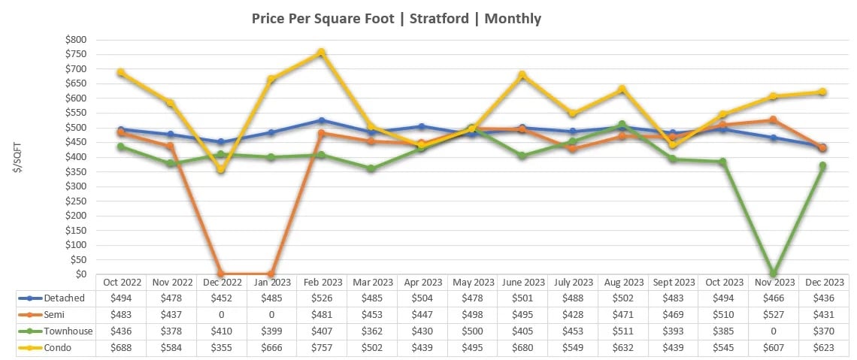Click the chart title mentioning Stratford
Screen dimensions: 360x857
tap(396, 19)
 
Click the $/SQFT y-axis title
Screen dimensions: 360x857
tap(17, 156)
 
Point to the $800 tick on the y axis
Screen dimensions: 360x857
tap(76, 39)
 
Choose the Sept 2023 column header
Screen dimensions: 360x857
tap(674, 283)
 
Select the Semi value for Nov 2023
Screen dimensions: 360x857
tap(774, 315)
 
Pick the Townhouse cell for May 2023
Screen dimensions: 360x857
tap(472, 331)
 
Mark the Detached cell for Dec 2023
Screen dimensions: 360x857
tap(825, 298)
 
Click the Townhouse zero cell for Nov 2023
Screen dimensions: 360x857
tap(774, 331)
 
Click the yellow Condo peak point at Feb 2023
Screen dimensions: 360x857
tap(322, 53)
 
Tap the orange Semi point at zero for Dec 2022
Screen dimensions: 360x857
tap(221, 274)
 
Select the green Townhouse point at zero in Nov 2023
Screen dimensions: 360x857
tap(774, 274)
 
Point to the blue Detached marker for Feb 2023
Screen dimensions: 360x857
tap(322, 120)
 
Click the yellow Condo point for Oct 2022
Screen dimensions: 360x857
tap(120, 72)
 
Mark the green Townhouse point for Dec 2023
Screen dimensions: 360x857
tap(823, 166)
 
